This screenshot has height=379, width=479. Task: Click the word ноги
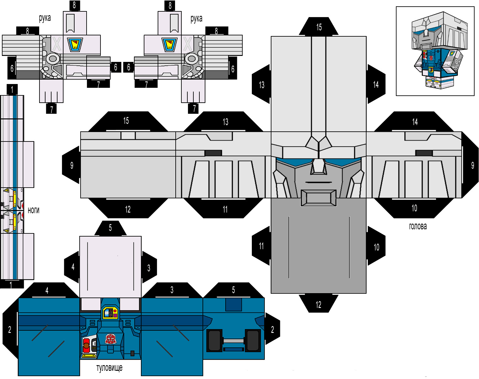[x=33, y=210]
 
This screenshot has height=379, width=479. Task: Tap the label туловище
[x=109, y=368]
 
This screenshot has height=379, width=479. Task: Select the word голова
[x=418, y=226]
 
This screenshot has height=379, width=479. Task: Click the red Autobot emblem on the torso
[x=111, y=339]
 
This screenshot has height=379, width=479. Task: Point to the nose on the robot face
[x=318, y=167]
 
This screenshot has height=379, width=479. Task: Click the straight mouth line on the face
[x=318, y=182]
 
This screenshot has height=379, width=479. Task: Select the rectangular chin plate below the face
[x=318, y=198]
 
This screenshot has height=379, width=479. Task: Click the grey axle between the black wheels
[x=233, y=341]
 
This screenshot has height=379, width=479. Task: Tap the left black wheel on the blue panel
[x=215, y=341]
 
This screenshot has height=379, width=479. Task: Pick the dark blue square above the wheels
[x=233, y=304]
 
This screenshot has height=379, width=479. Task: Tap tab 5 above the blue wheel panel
[x=233, y=290]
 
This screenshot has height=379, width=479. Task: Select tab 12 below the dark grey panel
[x=318, y=303]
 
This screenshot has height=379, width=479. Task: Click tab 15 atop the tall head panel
[x=319, y=27]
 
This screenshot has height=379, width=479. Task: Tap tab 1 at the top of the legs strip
[x=12, y=90]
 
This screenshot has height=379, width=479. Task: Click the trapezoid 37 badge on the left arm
[x=75, y=45]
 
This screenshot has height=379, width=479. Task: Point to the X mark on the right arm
[x=187, y=44]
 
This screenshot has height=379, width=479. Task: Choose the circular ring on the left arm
[x=53, y=59]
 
